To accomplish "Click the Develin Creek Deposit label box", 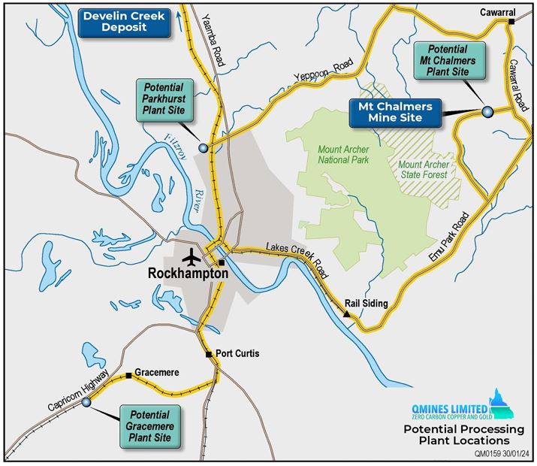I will click(x=120, y=20).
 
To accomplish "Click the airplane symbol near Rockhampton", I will click(x=195, y=257).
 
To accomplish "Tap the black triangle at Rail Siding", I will click(x=347, y=314).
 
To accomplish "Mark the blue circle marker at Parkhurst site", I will click(x=203, y=148).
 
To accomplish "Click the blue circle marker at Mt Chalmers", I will click(x=487, y=112).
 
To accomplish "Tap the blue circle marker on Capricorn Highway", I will click(x=86, y=403).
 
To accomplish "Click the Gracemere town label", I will click(x=155, y=373).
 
